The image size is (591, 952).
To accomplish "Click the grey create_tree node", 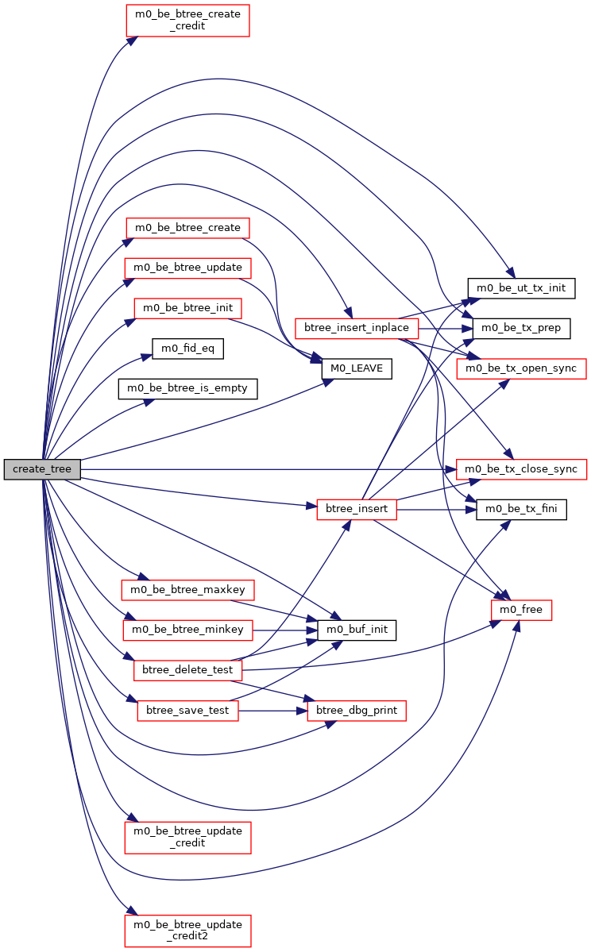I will tap(42, 469).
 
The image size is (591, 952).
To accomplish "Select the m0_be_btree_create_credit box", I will tap(187, 20).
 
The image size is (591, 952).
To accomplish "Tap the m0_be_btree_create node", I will tap(187, 228).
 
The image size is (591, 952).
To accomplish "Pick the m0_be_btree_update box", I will tap(187, 268).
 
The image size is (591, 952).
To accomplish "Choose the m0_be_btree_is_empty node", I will tap(187, 388).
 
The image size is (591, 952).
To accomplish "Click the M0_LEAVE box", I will tap(357, 368).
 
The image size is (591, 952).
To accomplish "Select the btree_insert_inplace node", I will tap(357, 328).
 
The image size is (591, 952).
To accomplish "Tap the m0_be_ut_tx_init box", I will tap(521, 287).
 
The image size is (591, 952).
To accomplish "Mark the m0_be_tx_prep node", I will tap(521, 328).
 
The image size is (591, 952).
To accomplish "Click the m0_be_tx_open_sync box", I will tap(521, 368).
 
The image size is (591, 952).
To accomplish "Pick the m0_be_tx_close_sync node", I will tap(521, 469).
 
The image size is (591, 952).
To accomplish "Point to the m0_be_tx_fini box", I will tap(521, 509).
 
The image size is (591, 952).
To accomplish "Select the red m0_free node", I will tap(521, 610).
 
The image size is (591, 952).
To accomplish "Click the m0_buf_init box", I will tap(357, 630).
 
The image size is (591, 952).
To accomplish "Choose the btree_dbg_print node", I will tap(357, 711).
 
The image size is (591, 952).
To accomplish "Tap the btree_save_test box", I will tap(187, 711).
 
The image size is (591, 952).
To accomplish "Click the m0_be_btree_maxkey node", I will tap(187, 590).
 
